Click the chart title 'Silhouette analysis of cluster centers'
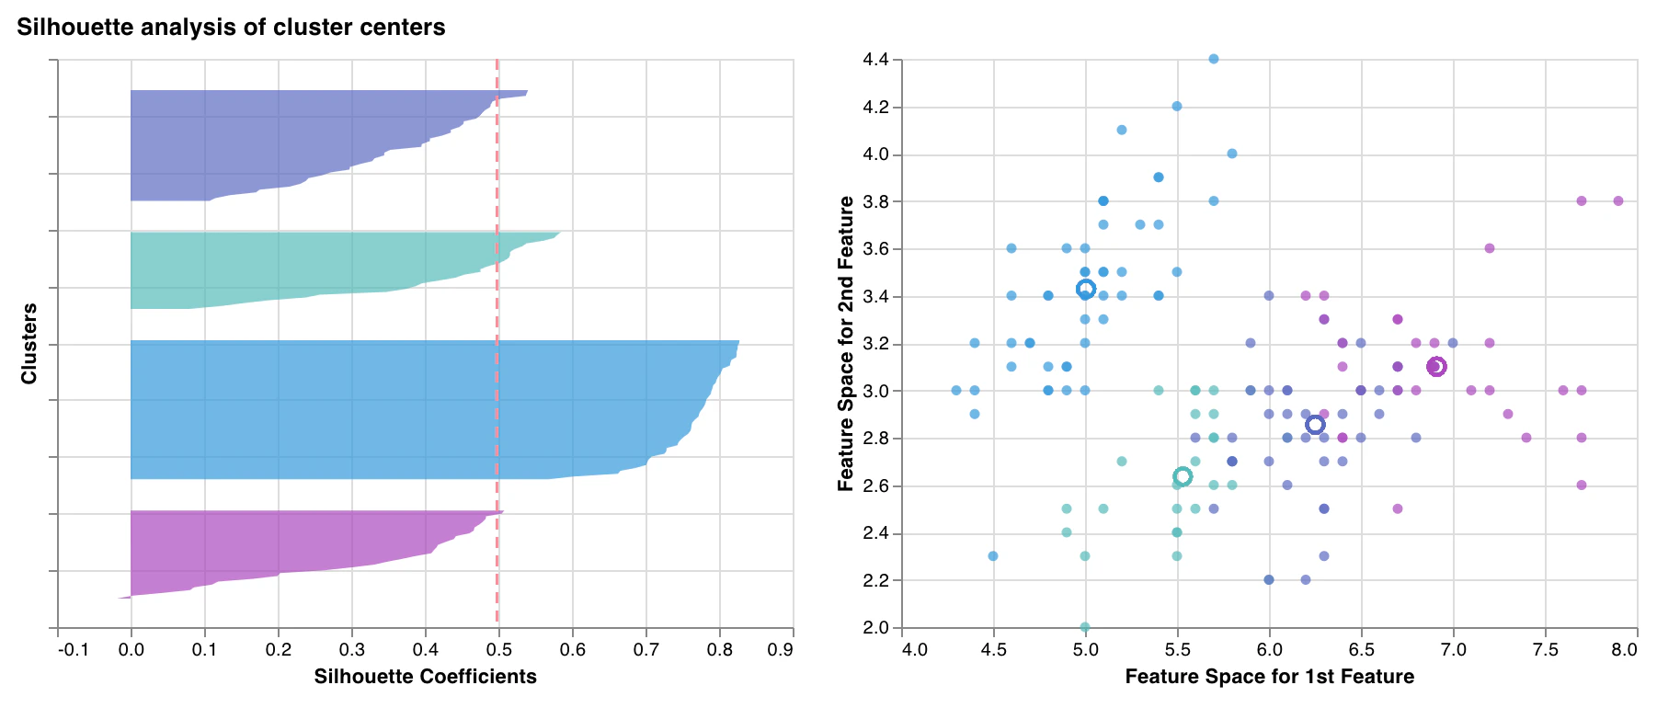pos(231,28)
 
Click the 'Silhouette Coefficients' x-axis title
pos(425,678)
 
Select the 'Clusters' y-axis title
pos(29,344)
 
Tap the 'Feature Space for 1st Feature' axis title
pos(1269,678)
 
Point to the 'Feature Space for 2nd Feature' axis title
pos(845,344)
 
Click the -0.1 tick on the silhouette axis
pos(73,651)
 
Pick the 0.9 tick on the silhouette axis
pos(780,651)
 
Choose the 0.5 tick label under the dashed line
pos(498,651)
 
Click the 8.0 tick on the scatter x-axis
pos(1625,651)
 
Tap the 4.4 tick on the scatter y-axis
pos(875,60)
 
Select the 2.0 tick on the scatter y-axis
pos(875,628)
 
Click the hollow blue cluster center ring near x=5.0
pos(1086,290)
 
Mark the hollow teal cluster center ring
pos(1183,476)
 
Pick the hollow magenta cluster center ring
pos(1436,367)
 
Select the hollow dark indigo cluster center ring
pos(1316,424)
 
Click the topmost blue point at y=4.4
pos(1214,59)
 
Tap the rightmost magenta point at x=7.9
pos(1618,200)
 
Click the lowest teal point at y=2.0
pos(1085,627)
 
